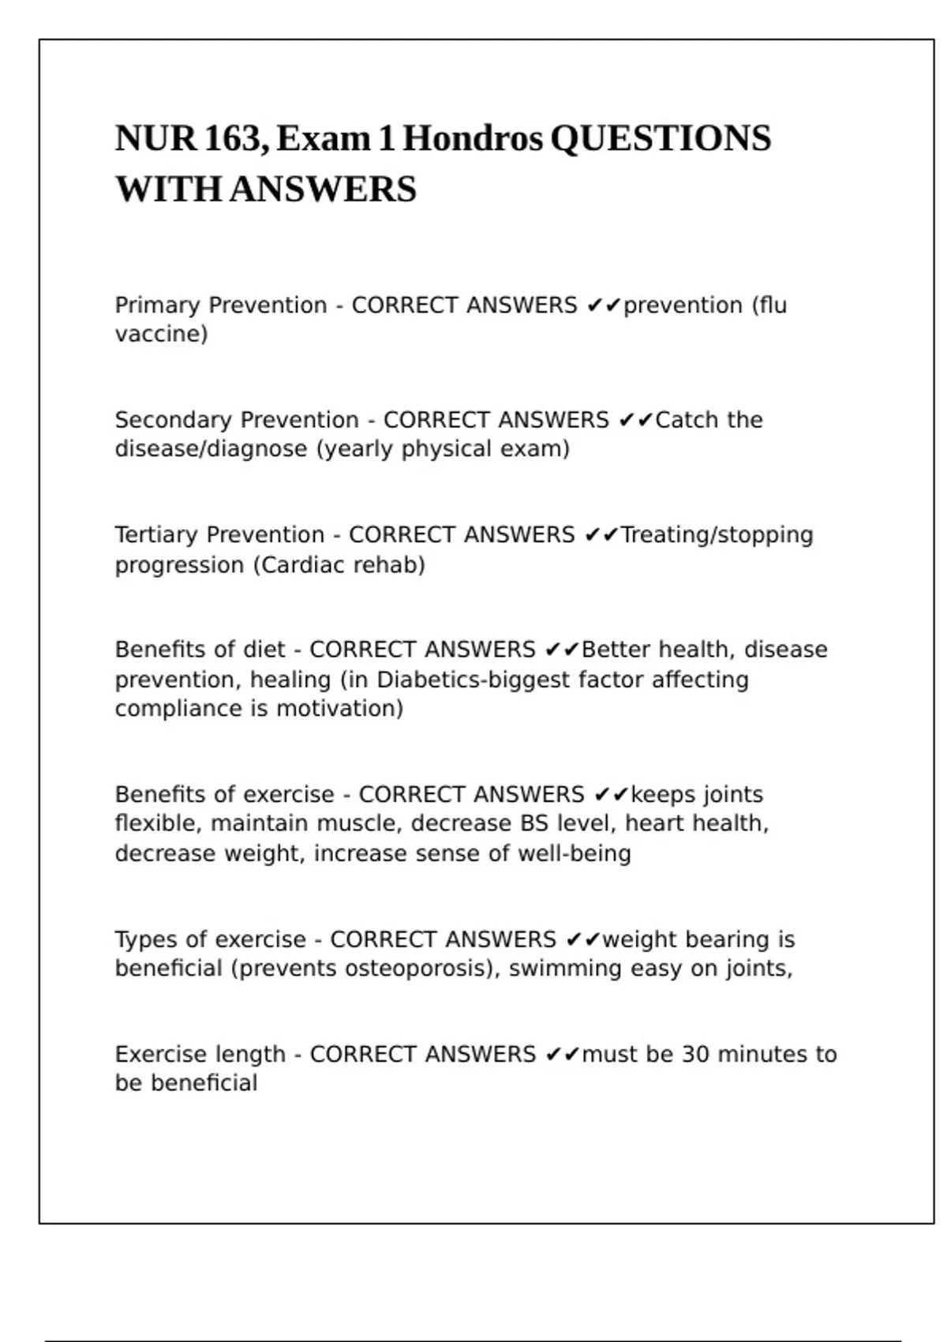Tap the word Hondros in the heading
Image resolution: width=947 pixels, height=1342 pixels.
[473, 139]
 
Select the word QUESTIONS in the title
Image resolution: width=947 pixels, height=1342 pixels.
[661, 139]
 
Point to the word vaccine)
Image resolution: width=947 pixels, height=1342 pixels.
[161, 335]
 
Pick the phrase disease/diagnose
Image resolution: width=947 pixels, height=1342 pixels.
[211, 449]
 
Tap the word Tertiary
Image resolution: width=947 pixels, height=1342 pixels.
[156, 535]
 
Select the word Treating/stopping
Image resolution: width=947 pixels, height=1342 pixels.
[717, 535]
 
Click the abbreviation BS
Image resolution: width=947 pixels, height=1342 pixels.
[534, 823]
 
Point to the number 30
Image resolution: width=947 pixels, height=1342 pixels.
[695, 1055]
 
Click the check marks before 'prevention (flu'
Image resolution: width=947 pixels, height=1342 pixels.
[604, 306]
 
